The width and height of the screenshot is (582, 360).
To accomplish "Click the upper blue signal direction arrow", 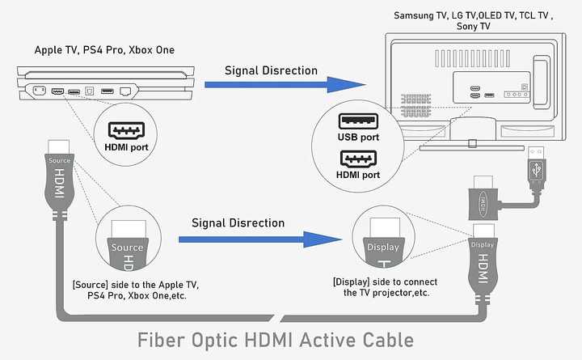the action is (285, 85).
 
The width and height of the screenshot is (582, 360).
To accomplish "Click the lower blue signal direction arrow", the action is (259, 239).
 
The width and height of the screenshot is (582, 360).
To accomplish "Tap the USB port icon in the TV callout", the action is (358, 121).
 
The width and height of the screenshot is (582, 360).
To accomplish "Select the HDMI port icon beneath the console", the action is (126, 131).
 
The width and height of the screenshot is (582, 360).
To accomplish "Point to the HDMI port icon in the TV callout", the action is (358, 159).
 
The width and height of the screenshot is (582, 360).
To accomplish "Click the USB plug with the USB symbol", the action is (537, 168).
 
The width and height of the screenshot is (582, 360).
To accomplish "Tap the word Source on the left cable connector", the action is (59, 160).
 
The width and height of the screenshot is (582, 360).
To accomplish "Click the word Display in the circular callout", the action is (383, 247).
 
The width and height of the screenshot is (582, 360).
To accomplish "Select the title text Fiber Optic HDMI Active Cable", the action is (276, 340).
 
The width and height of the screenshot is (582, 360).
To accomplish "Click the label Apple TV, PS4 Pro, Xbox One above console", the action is (104, 50).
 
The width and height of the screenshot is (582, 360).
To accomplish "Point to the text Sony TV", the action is (473, 27).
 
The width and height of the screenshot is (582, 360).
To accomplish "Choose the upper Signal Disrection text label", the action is (271, 70).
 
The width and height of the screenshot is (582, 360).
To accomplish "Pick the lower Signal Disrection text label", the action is (238, 223).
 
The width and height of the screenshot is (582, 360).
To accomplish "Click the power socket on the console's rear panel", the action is (40, 91).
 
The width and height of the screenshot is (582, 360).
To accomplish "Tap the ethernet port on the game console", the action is (125, 91).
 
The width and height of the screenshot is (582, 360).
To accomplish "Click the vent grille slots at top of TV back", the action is (472, 59).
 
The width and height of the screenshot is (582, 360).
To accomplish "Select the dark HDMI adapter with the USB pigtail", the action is (483, 204).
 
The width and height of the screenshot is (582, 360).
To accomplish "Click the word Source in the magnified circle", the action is (128, 248).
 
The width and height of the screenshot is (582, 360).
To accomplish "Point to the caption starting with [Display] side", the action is (386, 287).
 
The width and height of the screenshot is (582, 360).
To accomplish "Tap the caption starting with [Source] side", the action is (136, 290).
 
